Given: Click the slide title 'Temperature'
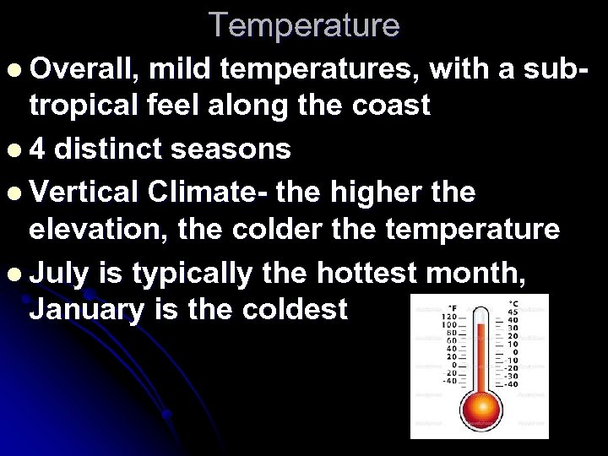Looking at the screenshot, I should [x=304, y=24].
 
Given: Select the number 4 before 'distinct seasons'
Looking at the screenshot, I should [x=37, y=149].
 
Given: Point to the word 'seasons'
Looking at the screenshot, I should [x=231, y=149].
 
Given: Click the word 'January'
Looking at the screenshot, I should [x=86, y=309].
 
